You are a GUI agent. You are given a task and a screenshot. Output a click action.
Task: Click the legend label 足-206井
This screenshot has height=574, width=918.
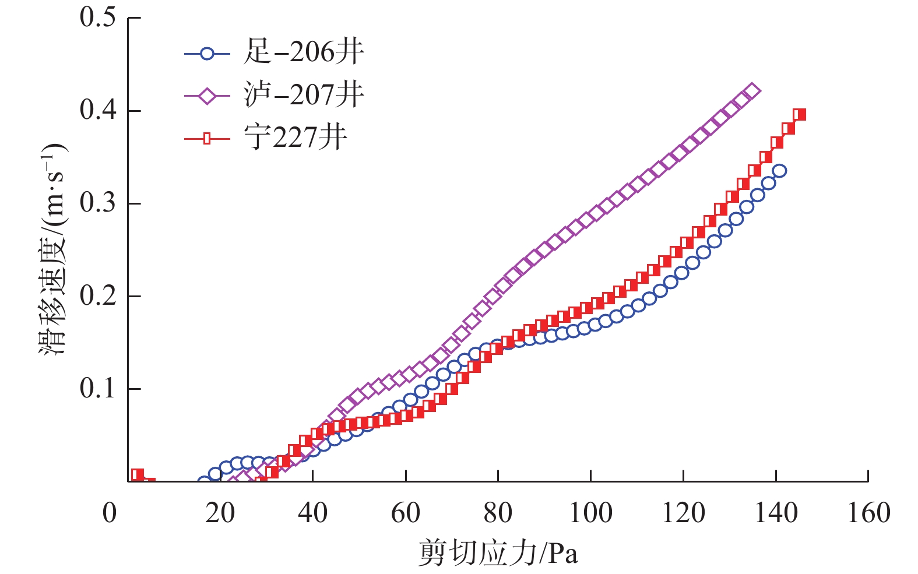(x=304, y=53)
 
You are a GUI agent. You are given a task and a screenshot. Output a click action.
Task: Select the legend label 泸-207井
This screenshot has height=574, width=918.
(x=304, y=95)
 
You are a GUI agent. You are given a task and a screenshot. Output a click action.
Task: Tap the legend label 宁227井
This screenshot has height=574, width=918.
(x=296, y=138)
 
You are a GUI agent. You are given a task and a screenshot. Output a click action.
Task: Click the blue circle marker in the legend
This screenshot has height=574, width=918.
(x=207, y=54)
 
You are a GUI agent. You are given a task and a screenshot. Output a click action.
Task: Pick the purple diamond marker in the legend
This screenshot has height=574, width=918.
(x=207, y=96)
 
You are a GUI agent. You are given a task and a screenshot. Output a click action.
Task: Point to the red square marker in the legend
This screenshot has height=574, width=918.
(x=207, y=139)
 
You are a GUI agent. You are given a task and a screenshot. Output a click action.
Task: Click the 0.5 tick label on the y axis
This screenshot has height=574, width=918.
(x=98, y=17)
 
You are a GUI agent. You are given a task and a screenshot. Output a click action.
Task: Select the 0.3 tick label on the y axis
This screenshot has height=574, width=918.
(x=98, y=203)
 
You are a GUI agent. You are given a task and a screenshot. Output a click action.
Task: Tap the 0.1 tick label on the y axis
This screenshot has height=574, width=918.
(x=98, y=388)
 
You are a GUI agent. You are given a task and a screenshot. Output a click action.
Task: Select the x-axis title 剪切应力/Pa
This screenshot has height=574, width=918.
(x=498, y=553)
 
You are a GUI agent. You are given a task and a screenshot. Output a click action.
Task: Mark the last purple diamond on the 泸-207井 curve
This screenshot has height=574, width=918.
(x=752, y=91)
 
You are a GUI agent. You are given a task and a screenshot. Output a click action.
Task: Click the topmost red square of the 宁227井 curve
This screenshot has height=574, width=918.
(x=800, y=114)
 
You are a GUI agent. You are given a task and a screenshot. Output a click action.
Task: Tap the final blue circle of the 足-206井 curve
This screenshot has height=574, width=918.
(x=779, y=171)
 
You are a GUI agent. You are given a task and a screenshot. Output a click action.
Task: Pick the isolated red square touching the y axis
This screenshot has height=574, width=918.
(x=138, y=474)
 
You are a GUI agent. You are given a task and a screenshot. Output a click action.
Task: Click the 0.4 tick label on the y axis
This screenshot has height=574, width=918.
(x=98, y=110)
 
